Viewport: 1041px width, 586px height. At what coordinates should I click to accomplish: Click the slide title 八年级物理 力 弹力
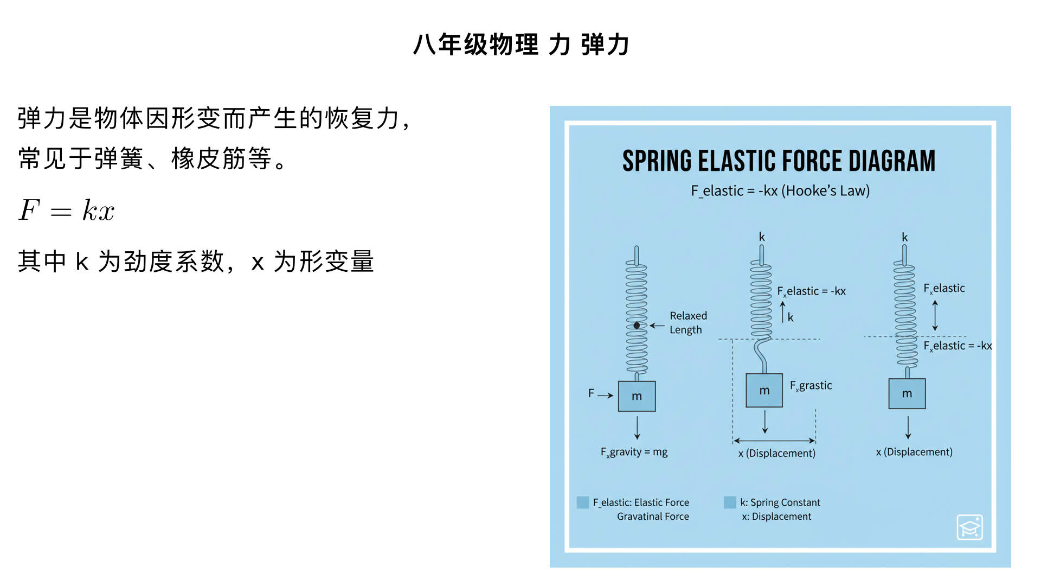coord(520,44)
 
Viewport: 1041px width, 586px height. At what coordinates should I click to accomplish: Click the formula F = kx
coord(67,211)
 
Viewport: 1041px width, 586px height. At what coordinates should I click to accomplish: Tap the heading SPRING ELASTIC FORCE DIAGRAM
coord(779,161)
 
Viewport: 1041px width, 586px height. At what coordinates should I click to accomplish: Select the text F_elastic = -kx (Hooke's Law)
coord(780,191)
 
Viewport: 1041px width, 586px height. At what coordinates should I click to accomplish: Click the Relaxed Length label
coord(688,323)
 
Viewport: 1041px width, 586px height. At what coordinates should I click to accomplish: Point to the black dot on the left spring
coord(637,326)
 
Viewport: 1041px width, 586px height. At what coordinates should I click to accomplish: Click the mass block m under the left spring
coord(637,396)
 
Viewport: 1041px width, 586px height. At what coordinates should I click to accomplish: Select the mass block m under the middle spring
coord(764,390)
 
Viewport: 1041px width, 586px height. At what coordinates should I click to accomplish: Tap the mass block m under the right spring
coord(907,393)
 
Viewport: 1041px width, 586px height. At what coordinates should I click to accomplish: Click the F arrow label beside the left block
coord(592,393)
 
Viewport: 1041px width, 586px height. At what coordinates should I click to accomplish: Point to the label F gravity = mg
coord(634,452)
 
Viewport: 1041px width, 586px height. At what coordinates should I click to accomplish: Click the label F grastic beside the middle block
coord(811,386)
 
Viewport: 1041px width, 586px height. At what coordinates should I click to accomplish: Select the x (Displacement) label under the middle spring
coord(776,453)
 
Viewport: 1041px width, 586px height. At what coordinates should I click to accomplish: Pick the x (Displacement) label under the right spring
coord(914,452)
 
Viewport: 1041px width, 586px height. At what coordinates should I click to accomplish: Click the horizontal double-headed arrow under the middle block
coord(774,441)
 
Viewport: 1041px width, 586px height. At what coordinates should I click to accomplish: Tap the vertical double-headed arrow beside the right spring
coord(935,315)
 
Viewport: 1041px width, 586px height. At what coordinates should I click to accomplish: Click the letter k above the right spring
coord(904,237)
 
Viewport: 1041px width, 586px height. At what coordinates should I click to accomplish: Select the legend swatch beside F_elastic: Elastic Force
coord(583,502)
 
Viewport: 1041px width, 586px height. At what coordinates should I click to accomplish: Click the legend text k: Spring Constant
coord(780,502)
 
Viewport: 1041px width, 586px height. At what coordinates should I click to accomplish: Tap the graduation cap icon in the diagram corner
coord(969,527)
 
